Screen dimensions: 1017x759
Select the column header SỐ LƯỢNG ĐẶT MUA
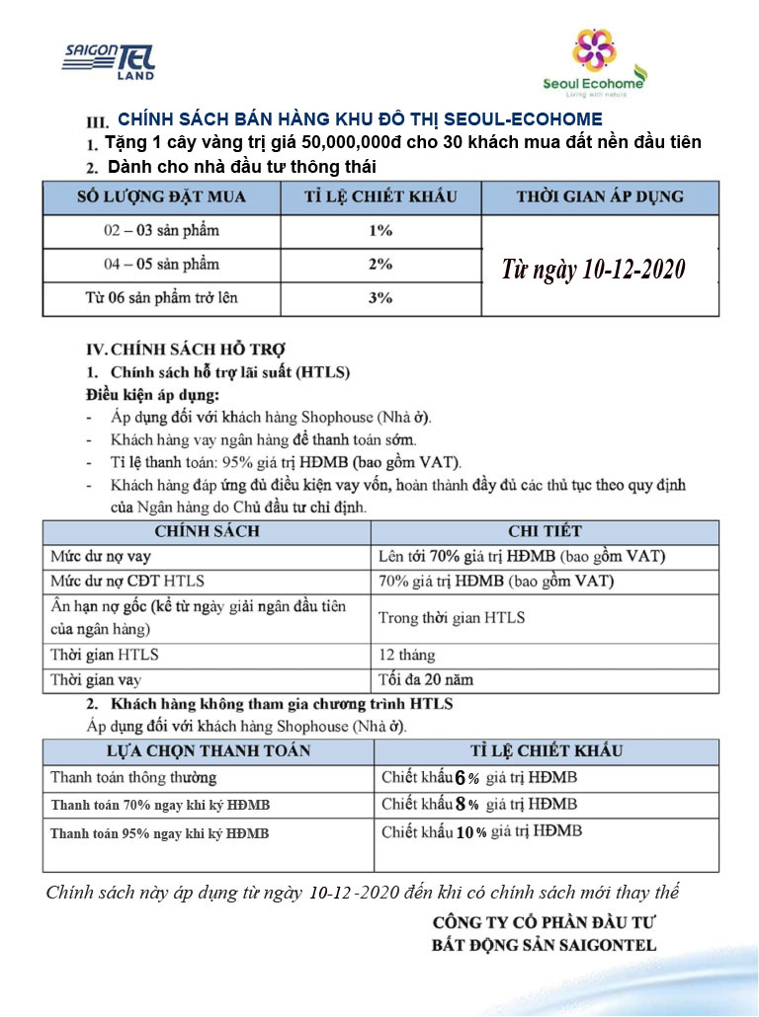(161, 196)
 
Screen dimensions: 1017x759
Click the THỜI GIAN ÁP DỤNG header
(599, 196)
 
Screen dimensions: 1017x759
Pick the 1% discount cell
(380, 231)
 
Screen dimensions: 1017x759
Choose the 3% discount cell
(380, 297)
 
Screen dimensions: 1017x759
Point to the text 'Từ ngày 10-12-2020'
(593, 269)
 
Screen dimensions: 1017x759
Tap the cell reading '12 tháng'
(406, 655)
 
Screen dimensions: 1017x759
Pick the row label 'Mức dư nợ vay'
(95, 556)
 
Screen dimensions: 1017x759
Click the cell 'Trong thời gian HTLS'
(452, 617)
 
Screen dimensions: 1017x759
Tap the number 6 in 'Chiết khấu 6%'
(460, 778)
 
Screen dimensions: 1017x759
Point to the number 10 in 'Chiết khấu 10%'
(464, 832)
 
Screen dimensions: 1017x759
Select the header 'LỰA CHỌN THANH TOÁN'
(181, 750)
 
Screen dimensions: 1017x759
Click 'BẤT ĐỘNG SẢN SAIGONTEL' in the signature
(544, 945)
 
